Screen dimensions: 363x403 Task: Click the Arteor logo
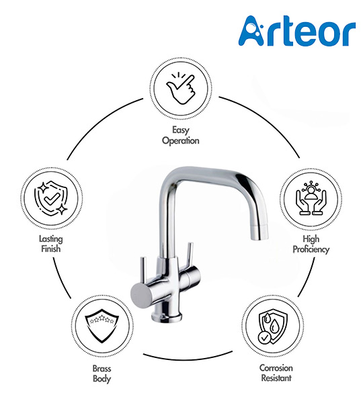click(297, 31)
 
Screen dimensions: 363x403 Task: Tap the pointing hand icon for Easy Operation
click(181, 89)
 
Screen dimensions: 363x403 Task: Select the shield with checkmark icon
click(51, 198)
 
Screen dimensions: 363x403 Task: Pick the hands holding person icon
click(311, 197)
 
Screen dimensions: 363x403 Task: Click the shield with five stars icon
click(102, 326)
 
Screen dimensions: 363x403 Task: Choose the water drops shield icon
click(273, 328)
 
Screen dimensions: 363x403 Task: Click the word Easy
click(181, 130)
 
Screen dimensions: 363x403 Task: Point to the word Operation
click(181, 141)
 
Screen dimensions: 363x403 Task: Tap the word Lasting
click(51, 239)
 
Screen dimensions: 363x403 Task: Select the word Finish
click(51, 249)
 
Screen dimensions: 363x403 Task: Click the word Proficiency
click(311, 250)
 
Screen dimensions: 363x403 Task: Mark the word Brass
click(102, 369)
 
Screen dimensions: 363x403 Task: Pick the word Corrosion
click(276, 368)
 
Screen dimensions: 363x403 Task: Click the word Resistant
click(276, 377)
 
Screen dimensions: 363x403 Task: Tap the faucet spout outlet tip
click(259, 237)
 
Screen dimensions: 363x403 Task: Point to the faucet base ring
click(167, 316)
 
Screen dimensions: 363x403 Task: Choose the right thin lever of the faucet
click(190, 256)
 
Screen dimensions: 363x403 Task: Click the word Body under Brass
click(102, 379)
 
